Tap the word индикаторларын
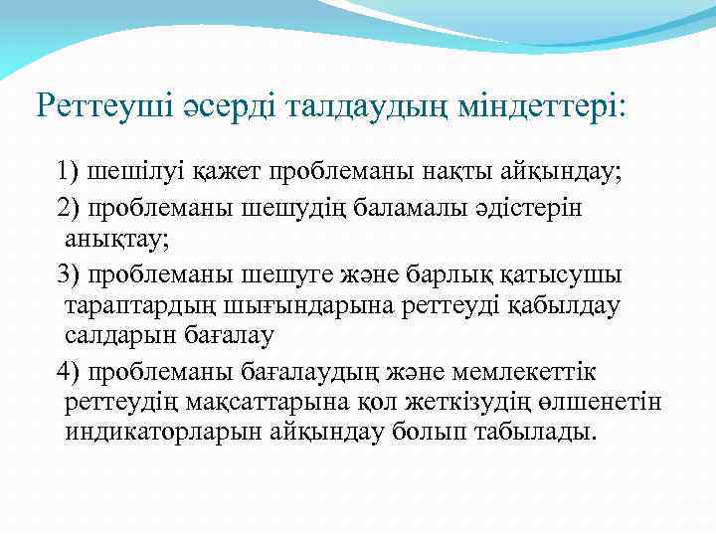pyautogui.click(x=164, y=435)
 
